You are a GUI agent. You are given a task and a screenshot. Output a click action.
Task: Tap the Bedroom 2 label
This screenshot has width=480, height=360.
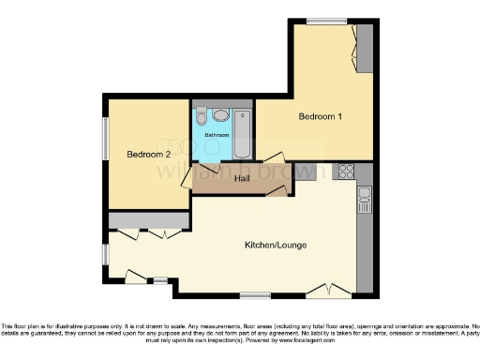[x=149, y=154]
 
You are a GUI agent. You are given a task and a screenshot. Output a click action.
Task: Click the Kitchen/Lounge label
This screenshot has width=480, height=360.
[x=276, y=246]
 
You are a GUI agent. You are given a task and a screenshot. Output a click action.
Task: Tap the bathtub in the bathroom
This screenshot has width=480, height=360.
[x=241, y=135]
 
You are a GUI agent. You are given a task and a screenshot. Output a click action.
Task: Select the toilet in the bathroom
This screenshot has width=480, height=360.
[x=220, y=115]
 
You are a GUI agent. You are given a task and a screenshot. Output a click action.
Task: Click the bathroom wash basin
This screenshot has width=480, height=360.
[x=202, y=117]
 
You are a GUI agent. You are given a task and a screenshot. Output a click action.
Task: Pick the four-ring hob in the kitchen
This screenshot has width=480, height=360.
[x=346, y=172]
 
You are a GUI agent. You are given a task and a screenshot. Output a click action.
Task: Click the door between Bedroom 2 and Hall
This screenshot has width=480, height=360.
[x=186, y=180]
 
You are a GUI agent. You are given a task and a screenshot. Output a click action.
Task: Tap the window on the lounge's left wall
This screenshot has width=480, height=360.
[x=105, y=252]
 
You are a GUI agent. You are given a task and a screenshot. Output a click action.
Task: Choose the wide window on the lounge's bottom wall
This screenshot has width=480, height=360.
[x=254, y=296]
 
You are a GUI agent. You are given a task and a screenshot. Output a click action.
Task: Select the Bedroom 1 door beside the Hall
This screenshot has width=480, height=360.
[x=275, y=158]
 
